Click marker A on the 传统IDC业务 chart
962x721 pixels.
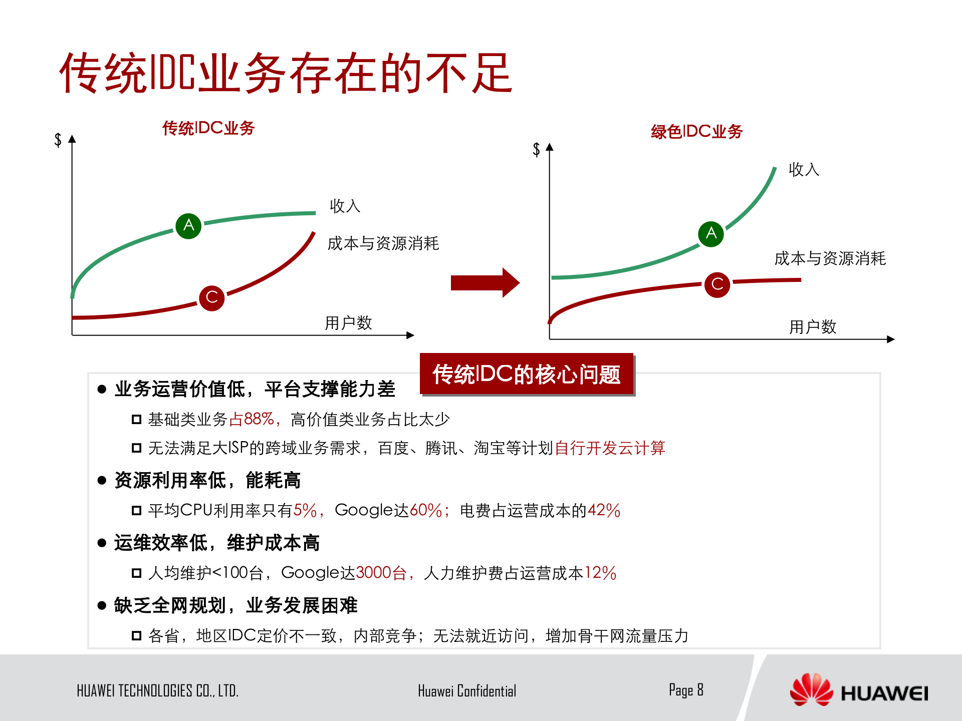[x=188, y=225]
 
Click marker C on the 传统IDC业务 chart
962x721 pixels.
[x=211, y=298]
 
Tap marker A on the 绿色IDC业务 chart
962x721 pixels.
[x=711, y=234]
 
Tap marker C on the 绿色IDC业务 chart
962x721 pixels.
[x=717, y=284]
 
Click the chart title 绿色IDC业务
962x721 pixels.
[x=696, y=132]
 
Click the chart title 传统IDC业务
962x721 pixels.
[x=208, y=128]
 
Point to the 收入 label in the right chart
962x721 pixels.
[x=804, y=170]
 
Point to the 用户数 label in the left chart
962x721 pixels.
[x=348, y=323]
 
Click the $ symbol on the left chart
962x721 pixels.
[x=58, y=140]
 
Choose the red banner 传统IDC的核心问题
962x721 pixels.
[x=527, y=375]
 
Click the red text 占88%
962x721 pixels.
[x=252, y=419]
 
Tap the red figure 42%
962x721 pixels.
[x=604, y=510]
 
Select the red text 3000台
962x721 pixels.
[x=381, y=573]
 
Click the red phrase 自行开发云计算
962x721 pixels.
[x=610, y=448]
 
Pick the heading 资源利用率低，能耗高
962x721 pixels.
[x=207, y=480]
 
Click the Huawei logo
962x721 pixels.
[x=859, y=691]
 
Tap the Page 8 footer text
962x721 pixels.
[x=686, y=690]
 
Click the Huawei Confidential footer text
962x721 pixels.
[x=467, y=691]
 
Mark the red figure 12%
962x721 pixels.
[x=600, y=573]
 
